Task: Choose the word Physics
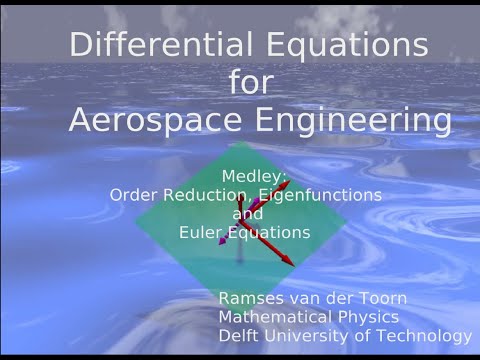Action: click(x=370, y=318)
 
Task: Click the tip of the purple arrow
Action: click(x=219, y=242)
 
